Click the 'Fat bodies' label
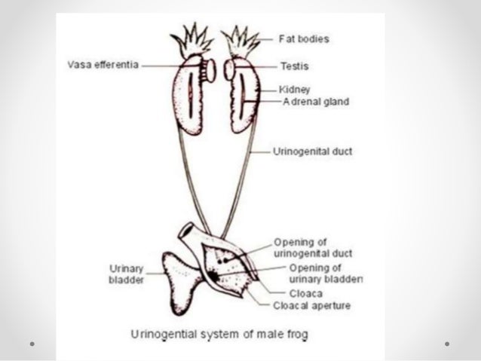(x=305, y=37)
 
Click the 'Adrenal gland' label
(x=316, y=102)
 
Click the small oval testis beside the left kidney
(x=212, y=69)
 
